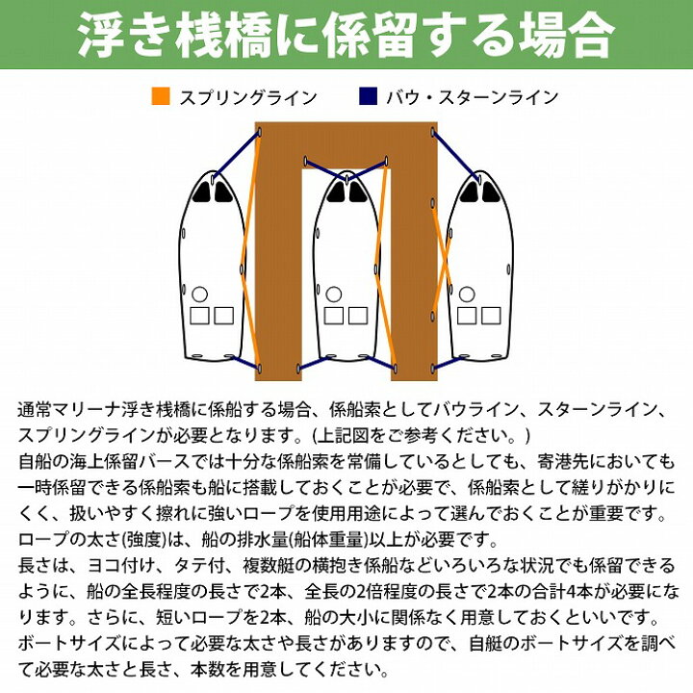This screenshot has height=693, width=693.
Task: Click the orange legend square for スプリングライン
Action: pos(161,96)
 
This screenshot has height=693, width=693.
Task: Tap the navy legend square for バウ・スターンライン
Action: pos(368,96)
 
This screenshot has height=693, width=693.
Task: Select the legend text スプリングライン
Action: pos(248,97)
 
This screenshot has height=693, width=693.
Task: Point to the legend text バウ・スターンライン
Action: pos(473,97)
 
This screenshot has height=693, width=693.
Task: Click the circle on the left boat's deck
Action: pos(200,294)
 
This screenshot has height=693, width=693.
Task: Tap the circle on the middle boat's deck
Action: pos(334,294)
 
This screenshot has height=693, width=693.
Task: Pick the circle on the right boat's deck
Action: pos(467,294)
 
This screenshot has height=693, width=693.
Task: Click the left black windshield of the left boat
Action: pos(202,192)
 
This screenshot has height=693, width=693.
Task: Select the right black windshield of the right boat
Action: pos(491,192)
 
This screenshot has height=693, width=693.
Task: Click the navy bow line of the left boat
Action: pos(236,155)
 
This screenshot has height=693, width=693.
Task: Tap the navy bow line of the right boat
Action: pos(455,155)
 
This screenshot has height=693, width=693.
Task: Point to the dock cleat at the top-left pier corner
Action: pos(260,132)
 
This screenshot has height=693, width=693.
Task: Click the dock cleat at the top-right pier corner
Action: pos(433,132)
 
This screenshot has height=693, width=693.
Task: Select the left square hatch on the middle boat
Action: pos(333,316)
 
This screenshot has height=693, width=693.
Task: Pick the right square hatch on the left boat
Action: pos(224,316)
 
